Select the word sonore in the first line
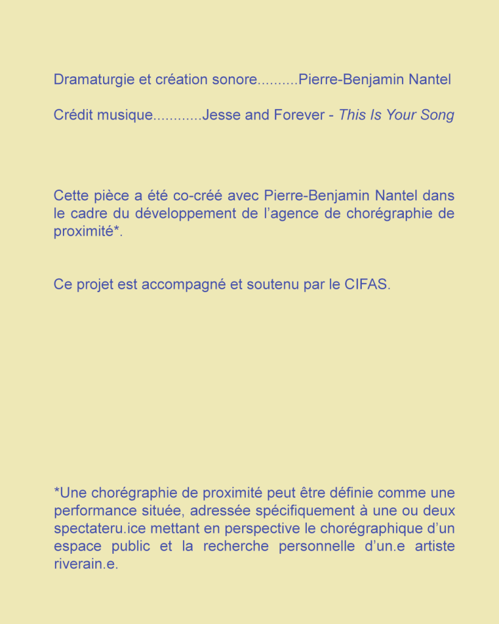(234, 80)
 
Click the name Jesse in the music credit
(221, 115)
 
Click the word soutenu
(273, 284)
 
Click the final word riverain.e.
(85, 564)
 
